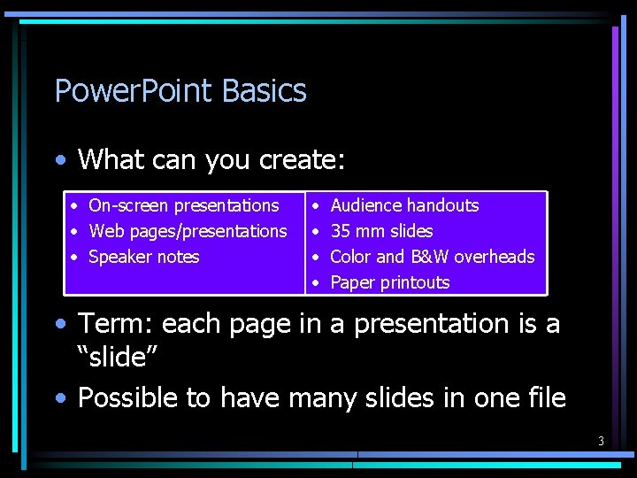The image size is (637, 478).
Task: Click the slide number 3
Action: (601, 441)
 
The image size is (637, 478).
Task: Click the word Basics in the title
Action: (265, 91)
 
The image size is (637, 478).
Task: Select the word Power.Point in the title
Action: (134, 91)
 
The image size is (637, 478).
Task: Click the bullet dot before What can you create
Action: (59, 161)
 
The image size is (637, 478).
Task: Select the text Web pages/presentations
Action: (188, 231)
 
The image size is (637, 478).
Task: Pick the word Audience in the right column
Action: (365, 205)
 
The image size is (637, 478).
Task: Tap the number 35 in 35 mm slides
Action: (340, 231)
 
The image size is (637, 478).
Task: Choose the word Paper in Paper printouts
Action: (352, 282)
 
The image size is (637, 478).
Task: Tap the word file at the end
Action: (545, 398)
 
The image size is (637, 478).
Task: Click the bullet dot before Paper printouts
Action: (318, 283)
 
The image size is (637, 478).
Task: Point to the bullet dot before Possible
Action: (59, 399)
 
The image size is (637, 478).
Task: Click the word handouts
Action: (441, 205)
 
